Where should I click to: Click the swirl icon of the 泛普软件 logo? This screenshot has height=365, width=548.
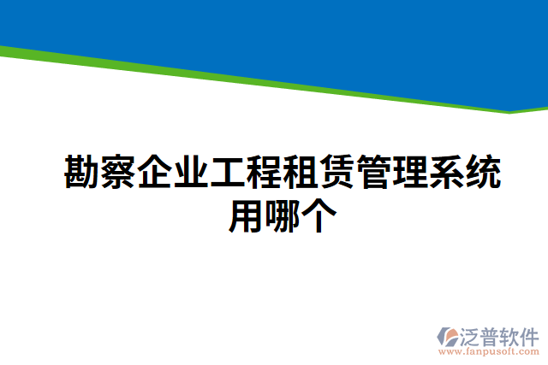point(447,337)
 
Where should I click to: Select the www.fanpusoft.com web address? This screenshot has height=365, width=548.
point(488,351)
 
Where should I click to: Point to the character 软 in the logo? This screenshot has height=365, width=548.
point(509,334)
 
